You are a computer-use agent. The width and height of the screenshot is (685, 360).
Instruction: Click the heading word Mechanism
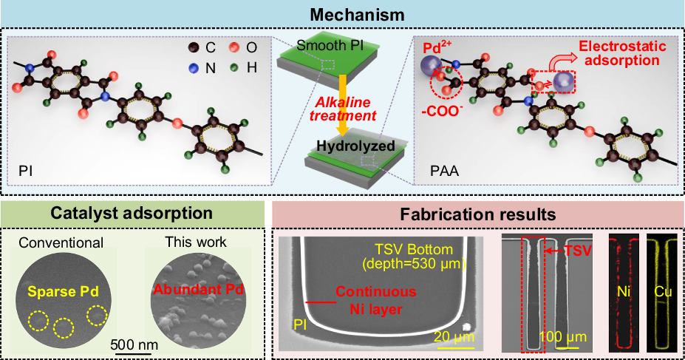click(342, 13)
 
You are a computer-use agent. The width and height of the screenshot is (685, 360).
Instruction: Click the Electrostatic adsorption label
click(623, 53)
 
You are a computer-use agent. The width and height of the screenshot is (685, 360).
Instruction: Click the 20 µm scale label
click(450, 338)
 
